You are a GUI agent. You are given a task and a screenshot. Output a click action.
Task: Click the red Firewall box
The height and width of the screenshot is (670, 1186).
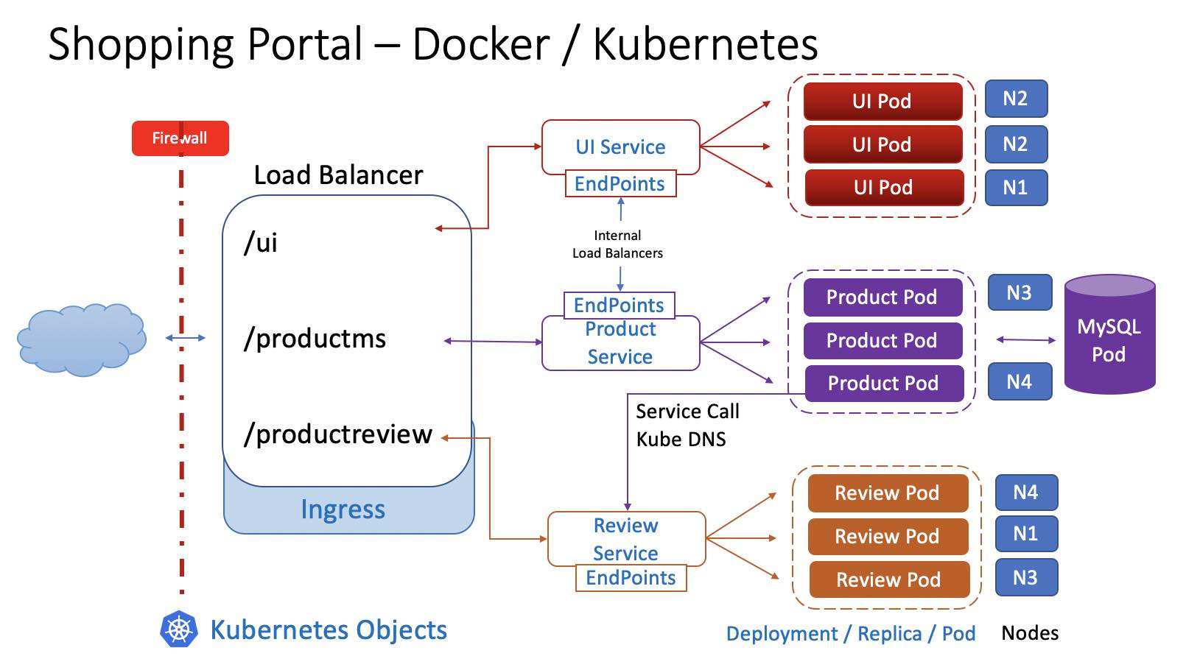pyautogui.click(x=180, y=138)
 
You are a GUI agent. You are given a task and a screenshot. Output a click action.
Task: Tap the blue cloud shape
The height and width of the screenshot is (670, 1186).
pyautogui.click(x=82, y=339)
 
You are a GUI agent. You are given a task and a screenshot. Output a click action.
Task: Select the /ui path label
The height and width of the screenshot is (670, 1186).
pyautogui.click(x=261, y=243)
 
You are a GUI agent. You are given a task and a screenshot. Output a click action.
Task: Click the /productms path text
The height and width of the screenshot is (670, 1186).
pyautogui.click(x=315, y=339)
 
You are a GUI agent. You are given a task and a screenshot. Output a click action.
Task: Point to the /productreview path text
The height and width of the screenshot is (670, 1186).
pyautogui.click(x=338, y=434)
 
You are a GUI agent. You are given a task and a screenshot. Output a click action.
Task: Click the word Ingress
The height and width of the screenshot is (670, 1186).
pyautogui.click(x=343, y=509)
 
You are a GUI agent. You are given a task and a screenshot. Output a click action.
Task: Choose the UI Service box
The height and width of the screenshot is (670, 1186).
pyautogui.click(x=620, y=147)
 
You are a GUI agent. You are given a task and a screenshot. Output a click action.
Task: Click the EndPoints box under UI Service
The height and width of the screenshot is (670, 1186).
pyautogui.click(x=620, y=183)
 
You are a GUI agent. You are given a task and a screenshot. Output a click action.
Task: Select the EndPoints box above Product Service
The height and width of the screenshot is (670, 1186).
pyautogui.click(x=619, y=306)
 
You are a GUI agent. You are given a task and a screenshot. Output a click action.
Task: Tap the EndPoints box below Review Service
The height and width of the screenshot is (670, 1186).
pyautogui.click(x=631, y=577)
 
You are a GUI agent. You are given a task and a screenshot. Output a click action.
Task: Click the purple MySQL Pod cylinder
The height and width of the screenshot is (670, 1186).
pyautogui.click(x=1109, y=334)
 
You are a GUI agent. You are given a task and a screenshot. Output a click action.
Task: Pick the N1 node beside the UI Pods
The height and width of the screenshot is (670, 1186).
pyautogui.click(x=1016, y=187)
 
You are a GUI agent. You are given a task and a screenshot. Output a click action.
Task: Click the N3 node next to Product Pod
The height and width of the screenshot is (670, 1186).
pyautogui.click(x=1020, y=292)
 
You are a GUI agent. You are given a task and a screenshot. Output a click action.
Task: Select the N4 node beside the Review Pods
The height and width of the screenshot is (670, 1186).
pyautogui.click(x=1026, y=493)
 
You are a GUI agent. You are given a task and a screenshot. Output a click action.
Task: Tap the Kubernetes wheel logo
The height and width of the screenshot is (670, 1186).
pyautogui.click(x=179, y=630)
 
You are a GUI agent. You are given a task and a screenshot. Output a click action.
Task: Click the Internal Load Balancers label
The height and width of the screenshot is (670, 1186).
pyautogui.click(x=617, y=244)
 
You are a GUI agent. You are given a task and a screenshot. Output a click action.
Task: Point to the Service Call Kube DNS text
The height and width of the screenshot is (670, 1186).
pyautogui.click(x=687, y=425)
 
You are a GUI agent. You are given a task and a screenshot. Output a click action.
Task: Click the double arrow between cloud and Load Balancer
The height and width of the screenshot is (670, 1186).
pyautogui.click(x=186, y=338)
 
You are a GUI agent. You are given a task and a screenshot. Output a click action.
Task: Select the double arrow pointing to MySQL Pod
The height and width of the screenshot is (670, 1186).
pyautogui.click(x=1025, y=339)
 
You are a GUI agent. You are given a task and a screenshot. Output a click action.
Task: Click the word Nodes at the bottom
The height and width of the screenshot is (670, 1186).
pyautogui.click(x=1030, y=633)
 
